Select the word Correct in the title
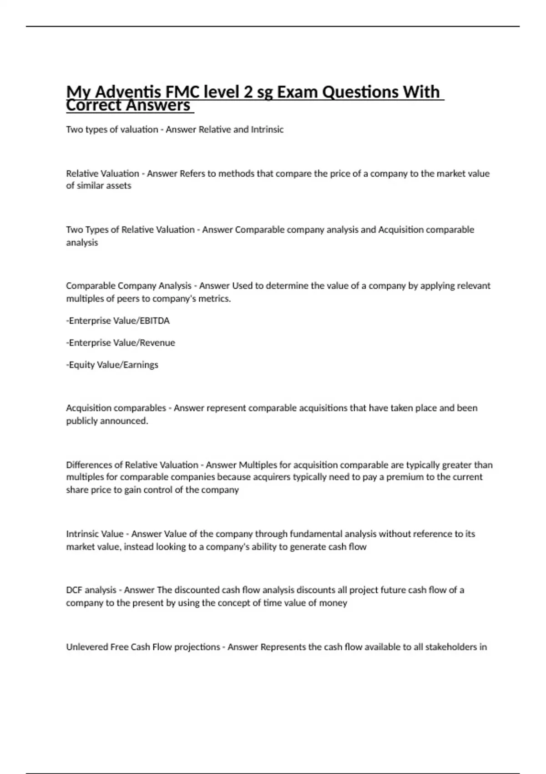click(x=93, y=105)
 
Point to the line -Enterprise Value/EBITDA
click(x=118, y=321)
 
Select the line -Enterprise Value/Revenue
click(x=121, y=342)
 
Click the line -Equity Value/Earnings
click(x=112, y=365)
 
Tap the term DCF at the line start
click(x=74, y=590)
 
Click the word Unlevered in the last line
click(x=87, y=647)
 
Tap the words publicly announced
click(x=107, y=421)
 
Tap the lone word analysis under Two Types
click(x=82, y=242)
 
